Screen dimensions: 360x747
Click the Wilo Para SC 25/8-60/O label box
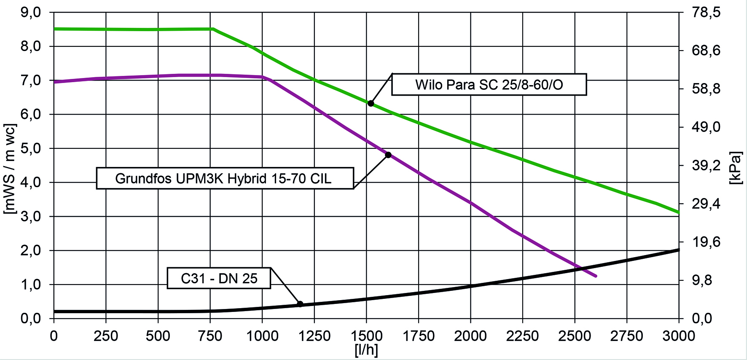[489, 85]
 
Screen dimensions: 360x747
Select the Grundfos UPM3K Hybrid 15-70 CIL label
[224, 178]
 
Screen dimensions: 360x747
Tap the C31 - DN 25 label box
[219, 278]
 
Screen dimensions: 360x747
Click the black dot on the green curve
[371, 103]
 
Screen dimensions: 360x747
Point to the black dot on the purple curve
[388, 155]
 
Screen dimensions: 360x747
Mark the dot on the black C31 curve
[300, 304]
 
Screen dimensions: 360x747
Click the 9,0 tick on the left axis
[31, 12]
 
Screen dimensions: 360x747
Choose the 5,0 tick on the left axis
[31, 148]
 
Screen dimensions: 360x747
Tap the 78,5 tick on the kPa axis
[707, 13]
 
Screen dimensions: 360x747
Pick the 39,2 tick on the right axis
[707, 166]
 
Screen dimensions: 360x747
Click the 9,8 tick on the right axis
[707, 280]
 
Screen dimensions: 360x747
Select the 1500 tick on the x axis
[366, 336]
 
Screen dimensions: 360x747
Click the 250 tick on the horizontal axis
[106, 336]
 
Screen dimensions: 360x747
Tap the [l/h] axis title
[366, 350]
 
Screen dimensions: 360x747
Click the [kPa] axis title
[735, 168]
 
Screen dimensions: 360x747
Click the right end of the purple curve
[596, 276]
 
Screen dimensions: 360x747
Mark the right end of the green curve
[678, 212]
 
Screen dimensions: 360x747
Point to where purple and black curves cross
[581, 269]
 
